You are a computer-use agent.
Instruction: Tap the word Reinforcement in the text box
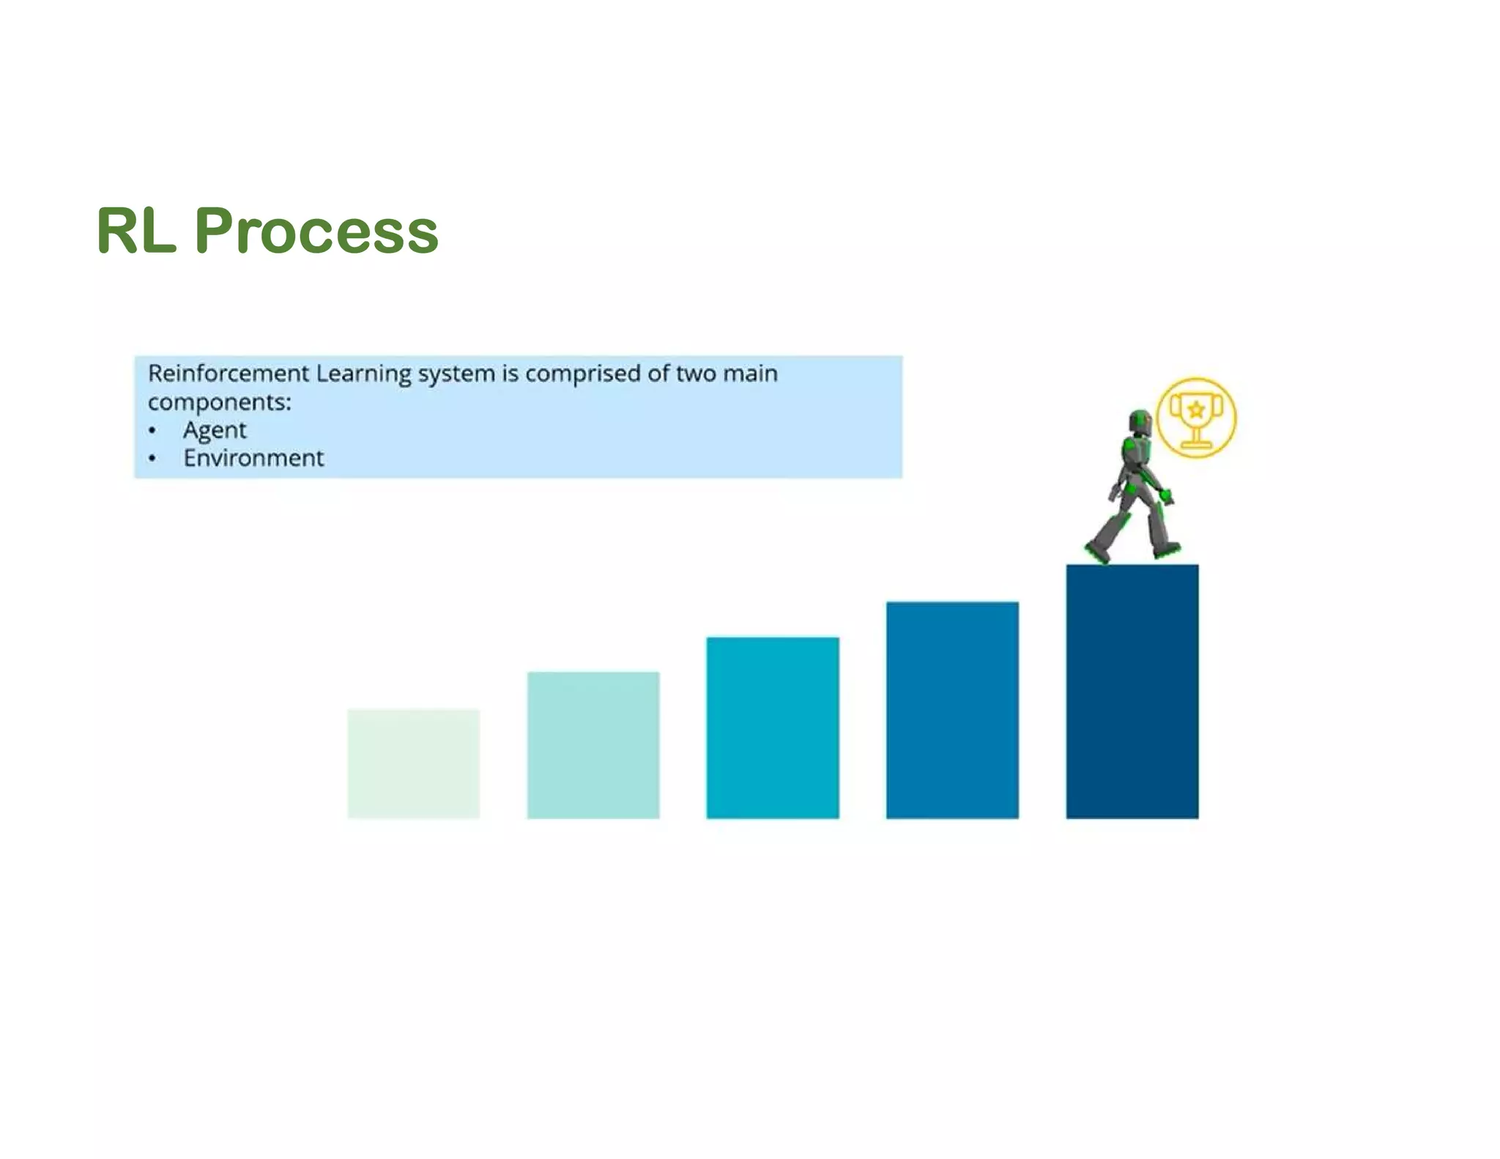(229, 374)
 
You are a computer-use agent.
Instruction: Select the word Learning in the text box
(364, 374)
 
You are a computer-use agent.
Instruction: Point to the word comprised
(583, 374)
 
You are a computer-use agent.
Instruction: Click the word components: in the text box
(219, 402)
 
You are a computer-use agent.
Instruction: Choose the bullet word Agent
(215, 430)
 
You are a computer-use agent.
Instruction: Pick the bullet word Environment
(253, 459)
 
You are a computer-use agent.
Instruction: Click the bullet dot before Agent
(152, 431)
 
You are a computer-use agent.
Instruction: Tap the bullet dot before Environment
(152, 459)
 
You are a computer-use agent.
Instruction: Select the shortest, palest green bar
(413, 763)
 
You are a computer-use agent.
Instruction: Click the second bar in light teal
(593, 744)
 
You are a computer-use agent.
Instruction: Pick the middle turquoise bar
(773, 727)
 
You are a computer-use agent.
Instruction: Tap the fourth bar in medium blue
(952, 710)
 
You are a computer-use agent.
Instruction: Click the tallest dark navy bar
(1132, 691)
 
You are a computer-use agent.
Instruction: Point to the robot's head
(1140, 422)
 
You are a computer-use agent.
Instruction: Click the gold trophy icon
(1196, 418)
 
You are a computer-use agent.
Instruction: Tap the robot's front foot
(1166, 549)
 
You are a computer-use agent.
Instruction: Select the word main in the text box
(750, 374)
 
